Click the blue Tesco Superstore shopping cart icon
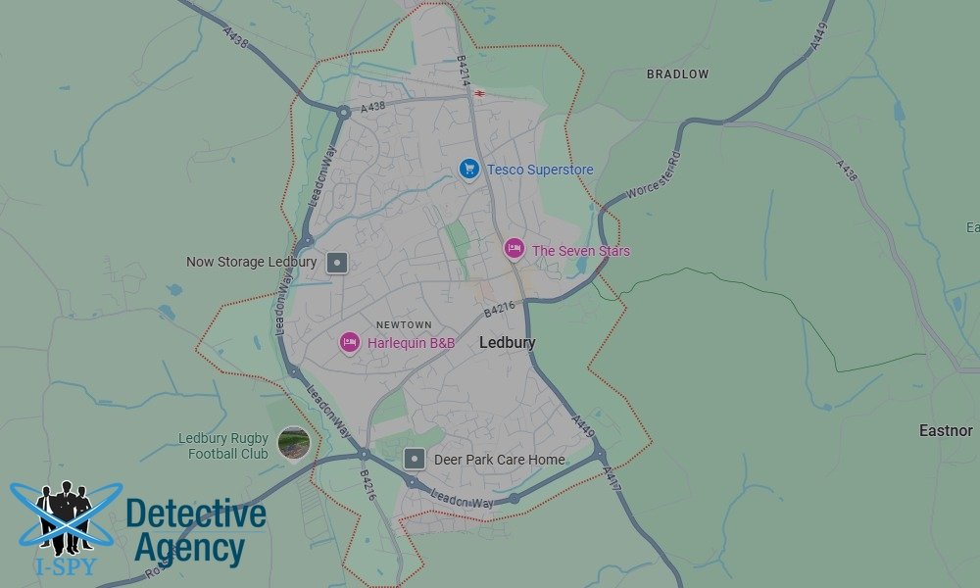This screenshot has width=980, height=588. (469, 170)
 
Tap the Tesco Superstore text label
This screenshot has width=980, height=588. (540, 170)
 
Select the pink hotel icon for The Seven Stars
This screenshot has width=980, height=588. (514, 249)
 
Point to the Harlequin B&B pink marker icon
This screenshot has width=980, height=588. (350, 342)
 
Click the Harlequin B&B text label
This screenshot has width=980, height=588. (411, 343)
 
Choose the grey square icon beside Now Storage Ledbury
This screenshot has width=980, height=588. (337, 263)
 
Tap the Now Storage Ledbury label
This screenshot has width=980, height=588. (252, 263)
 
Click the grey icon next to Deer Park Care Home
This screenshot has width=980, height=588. (416, 459)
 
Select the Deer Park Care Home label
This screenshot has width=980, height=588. (500, 459)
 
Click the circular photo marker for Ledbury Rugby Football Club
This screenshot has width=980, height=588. (293, 443)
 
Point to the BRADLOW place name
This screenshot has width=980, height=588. (677, 74)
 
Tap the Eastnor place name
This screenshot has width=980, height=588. (946, 430)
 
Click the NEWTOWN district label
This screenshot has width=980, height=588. (404, 324)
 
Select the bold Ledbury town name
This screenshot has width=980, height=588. (507, 343)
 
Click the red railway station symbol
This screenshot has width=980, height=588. (480, 94)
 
